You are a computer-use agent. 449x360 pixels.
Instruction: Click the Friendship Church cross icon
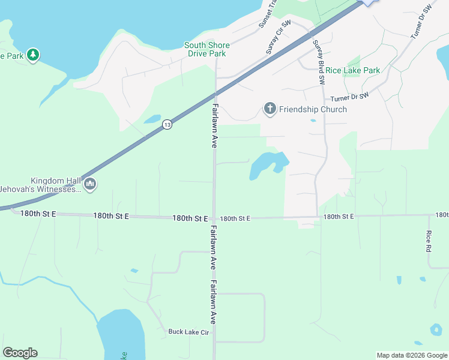(270, 109)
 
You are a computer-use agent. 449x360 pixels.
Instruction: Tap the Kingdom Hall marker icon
(90, 184)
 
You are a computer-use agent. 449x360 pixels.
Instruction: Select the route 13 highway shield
(167, 125)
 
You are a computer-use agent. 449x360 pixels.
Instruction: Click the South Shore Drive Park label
(205, 49)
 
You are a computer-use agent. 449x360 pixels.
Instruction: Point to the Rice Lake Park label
(353, 70)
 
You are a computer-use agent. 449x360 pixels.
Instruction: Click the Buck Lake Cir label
(188, 331)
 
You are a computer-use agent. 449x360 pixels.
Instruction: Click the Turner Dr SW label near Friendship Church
(349, 97)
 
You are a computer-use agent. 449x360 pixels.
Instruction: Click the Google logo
(20, 353)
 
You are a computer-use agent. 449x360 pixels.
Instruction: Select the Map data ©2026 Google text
(411, 355)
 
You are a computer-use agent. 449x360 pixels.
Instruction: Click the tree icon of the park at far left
(33, 56)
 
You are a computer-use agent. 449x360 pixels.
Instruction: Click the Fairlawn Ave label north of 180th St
(214, 126)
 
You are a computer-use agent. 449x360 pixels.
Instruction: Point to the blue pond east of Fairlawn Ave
(267, 164)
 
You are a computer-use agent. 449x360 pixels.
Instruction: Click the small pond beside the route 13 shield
(152, 118)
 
